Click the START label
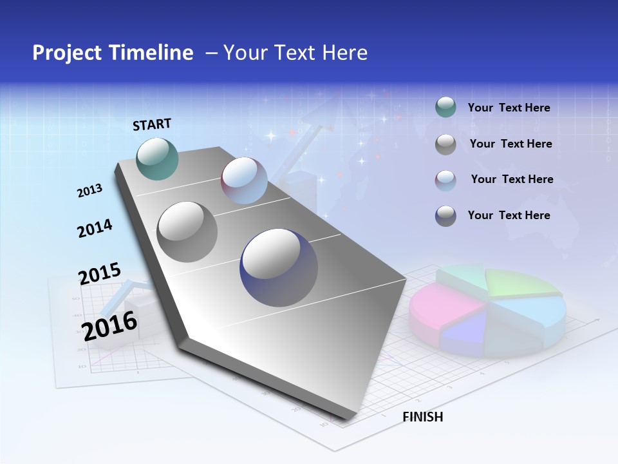click(x=152, y=124)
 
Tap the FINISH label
click(x=422, y=417)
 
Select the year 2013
click(x=89, y=191)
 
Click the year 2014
click(x=95, y=229)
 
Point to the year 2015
click(x=100, y=273)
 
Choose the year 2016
click(x=109, y=325)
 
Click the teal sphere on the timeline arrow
click(x=158, y=159)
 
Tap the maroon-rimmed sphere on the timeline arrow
click(x=244, y=180)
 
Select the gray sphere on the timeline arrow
click(x=187, y=232)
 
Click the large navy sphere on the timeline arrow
click(x=279, y=267)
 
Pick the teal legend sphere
click(x=445, y=108)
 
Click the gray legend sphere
click(x=445, y=144)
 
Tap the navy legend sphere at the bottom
click(x=445, y=216)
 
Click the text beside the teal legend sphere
click(x=509, y=108)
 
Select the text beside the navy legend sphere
click(x=509, y=215)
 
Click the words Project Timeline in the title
click(x=113, y=53)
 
